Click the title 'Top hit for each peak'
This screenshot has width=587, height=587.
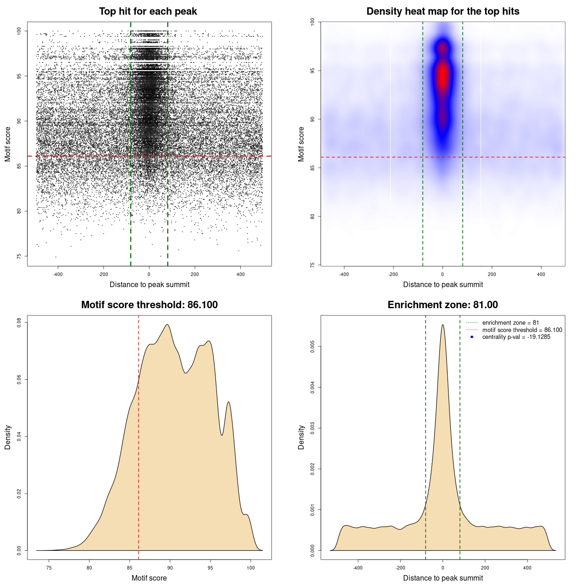[x=148, y=11]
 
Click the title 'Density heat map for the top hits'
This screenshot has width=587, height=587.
[x=443, y=11]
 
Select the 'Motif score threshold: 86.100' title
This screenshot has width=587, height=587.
[x=149, y=305]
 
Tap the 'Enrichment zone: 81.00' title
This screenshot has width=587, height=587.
[x=443, y=305]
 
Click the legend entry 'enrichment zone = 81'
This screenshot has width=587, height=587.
[x=510, y=323]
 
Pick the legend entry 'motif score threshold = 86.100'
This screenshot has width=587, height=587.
[x=522, y=330]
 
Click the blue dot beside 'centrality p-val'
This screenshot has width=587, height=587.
[x=472, y=337]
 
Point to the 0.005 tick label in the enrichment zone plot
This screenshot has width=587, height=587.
[x=313, y=347]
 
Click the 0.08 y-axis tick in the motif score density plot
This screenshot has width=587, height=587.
[x=19, y=323]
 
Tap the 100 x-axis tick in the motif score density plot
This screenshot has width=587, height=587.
[x=250, y=568]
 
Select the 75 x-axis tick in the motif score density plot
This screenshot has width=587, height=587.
[x=49, y=568]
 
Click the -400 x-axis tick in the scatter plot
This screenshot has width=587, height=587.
[x=58, y=274]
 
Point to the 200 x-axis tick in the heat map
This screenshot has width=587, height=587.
[x=492, y=274]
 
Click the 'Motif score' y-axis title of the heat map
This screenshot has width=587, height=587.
[x=301, y=144]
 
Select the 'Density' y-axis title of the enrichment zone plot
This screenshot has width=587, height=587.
[x=301, y=437]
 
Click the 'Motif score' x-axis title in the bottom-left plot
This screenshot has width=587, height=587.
[x=149, y=578]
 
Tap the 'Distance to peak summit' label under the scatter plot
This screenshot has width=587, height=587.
[x=150, y=284]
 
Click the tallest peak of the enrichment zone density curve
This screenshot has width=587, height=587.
[x=443, y=325]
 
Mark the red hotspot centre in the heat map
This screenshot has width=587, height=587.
[x=443, y=76]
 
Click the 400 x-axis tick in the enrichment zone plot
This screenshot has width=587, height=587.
[x=527, y=568]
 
